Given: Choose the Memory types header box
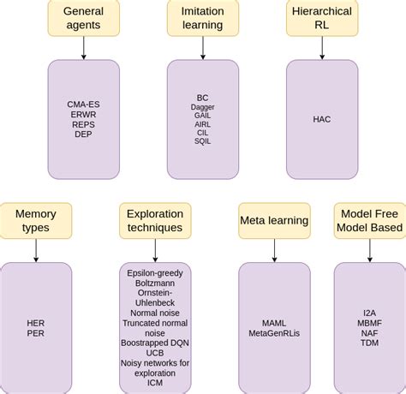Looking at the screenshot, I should pos(36,220).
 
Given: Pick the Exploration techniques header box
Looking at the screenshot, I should pos(155,220).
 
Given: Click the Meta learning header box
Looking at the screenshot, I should pos(274,221).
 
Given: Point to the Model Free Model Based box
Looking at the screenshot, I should pos(369,220).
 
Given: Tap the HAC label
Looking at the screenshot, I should pos(321,119).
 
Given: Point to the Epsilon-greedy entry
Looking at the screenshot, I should pos(155,273).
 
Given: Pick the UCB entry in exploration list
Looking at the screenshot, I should pos(155,352).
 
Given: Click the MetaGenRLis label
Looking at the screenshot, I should pos(274,332).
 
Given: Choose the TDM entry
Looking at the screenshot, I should pos(369,343).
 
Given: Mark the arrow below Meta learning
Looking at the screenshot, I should pos(274,249).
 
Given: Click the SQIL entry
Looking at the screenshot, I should pos(202,140).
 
